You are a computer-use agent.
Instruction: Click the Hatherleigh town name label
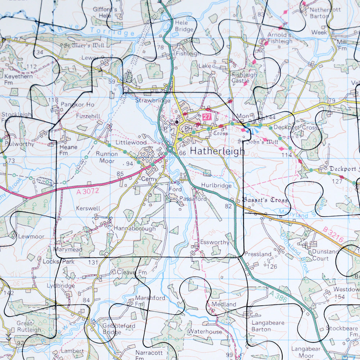(217, 151)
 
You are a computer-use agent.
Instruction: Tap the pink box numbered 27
(206, 117)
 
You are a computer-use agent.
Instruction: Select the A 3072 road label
(87, 192)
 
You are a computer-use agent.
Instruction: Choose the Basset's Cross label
(265, 200)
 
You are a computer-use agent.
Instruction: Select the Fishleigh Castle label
(244, 78)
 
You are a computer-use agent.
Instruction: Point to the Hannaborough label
(135, 229)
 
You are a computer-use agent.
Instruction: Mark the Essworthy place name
(215, 242)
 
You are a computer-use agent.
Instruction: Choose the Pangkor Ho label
(77, 105)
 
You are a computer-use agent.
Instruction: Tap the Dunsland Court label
(325, 255)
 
